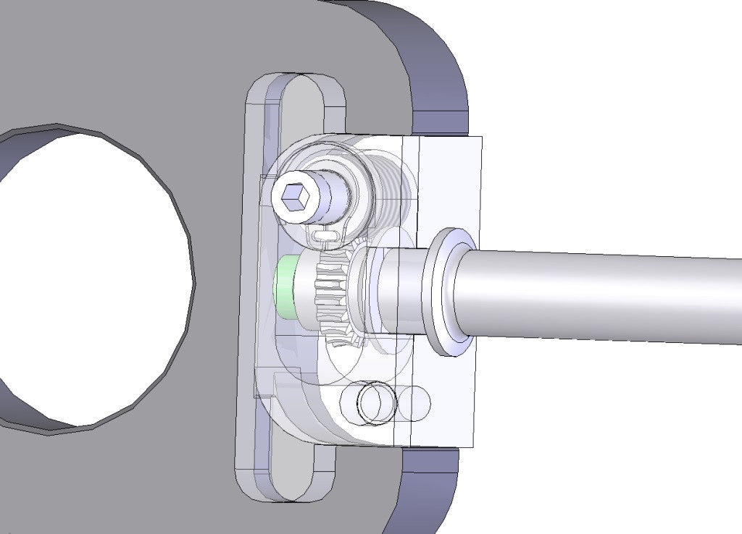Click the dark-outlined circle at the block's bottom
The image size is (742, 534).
377,403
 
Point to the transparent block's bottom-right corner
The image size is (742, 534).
475,446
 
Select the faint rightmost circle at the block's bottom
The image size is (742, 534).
416,403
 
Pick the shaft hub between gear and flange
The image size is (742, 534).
395,289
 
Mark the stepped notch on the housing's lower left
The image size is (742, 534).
272,380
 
